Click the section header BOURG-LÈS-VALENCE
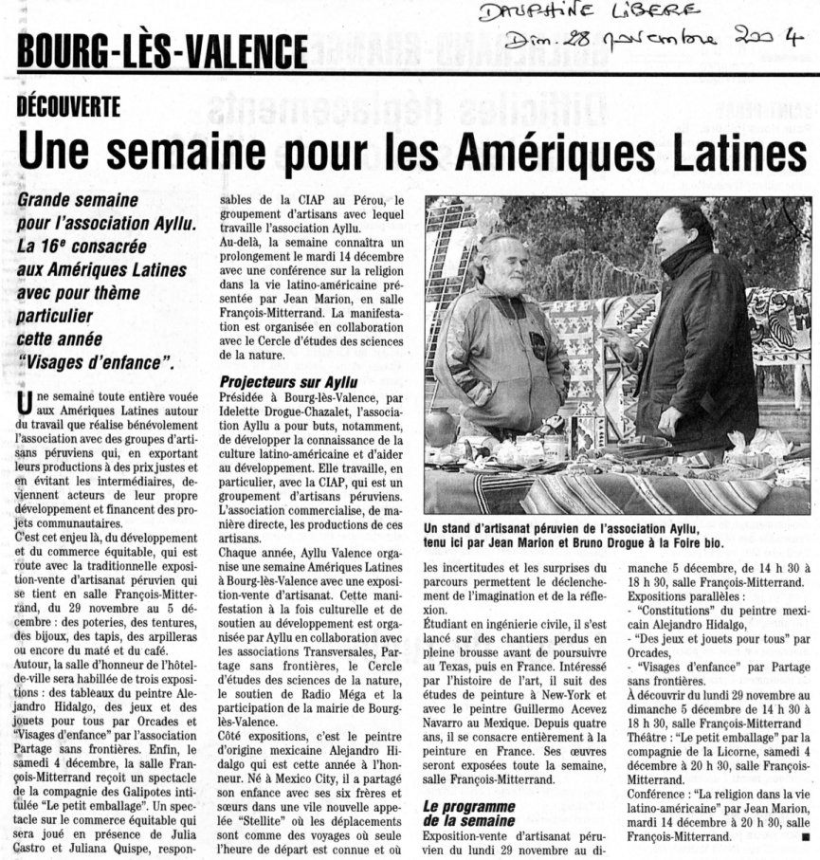[162, 50]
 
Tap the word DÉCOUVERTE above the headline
[68, 107]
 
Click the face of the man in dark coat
[670, 229]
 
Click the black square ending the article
[804, 838]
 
